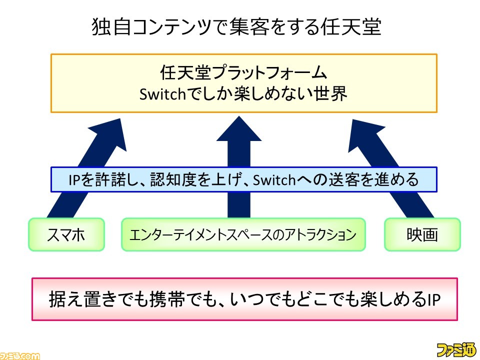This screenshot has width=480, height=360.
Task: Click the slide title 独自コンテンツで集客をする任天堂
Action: [x=236, y=27]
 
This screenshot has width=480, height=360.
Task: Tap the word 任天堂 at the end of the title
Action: [x=351, y=27]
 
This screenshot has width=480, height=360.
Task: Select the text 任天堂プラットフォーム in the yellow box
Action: [x=243, y=72]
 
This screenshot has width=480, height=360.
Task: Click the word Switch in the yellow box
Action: [x=162, y=93]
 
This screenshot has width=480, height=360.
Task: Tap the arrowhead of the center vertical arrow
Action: [x=239, y=128]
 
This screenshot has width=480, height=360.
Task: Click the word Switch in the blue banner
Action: [x=274, y=179]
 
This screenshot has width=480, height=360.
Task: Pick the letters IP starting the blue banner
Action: [x=74, y=180]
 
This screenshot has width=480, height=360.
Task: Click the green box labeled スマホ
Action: [x=66, y=234]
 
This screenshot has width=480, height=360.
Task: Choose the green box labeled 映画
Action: [x=422, y=234]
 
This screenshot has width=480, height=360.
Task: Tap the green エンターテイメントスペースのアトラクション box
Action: [x=243, y=234]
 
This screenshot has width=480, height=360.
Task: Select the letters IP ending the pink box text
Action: [x=433, y=299]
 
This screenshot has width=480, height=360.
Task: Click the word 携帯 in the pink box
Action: [x=167, y=299]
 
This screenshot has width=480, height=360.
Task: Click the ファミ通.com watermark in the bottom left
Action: [x=20, y=356]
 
